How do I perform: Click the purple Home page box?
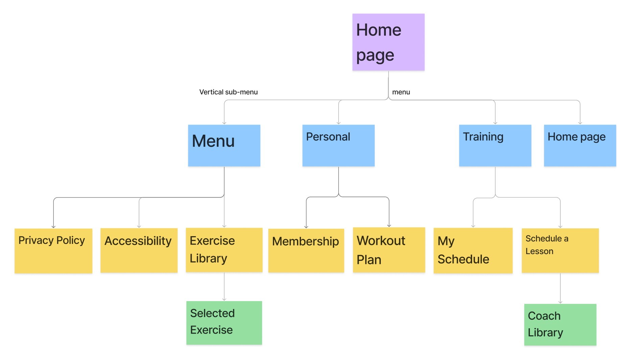(388, 42)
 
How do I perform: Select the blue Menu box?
(224, 145)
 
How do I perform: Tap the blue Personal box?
(338, 145)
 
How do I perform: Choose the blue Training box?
(495, 145)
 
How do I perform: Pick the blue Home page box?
(580, 145)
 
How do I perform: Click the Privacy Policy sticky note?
(53, 251)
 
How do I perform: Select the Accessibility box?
(139, 250)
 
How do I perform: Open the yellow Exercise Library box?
(224, 250)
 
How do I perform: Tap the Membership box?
(306, 250)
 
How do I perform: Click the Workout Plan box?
(389, 250)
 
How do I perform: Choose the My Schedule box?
(473, 250)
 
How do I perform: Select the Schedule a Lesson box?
(560, 250)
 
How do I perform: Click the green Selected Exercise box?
(224, 323)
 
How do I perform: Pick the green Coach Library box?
(560, 324)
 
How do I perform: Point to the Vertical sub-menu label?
(228, 92)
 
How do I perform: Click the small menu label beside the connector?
(401, 92)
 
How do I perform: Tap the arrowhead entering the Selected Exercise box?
(224, 299)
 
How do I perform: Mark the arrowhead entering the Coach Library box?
(560, 302)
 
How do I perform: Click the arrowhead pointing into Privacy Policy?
(53, 226)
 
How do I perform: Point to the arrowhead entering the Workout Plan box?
(389, 225)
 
